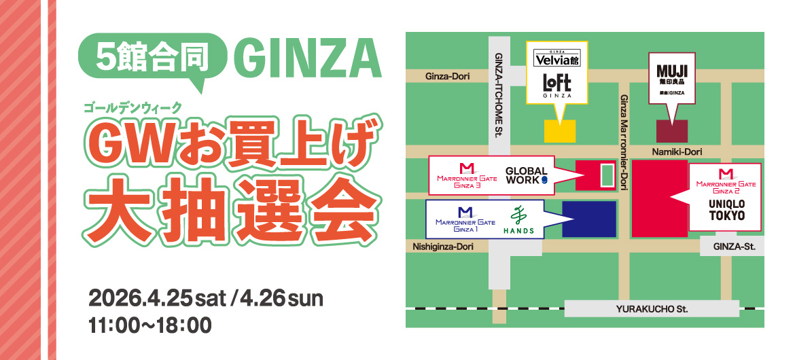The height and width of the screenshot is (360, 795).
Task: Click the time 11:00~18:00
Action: click(150, 325)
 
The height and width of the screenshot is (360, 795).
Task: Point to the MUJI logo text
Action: click(672, 71)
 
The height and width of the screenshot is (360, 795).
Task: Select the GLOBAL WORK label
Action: click(527, 175)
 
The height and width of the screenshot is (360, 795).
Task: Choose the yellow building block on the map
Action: click(559, 131)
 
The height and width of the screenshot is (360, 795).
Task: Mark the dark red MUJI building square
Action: click(671, 131)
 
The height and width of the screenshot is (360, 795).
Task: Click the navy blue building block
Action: click(588, 219)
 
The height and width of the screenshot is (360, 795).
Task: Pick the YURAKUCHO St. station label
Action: click(652, 309)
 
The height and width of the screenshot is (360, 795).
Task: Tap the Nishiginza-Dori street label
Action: click(442, 247)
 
